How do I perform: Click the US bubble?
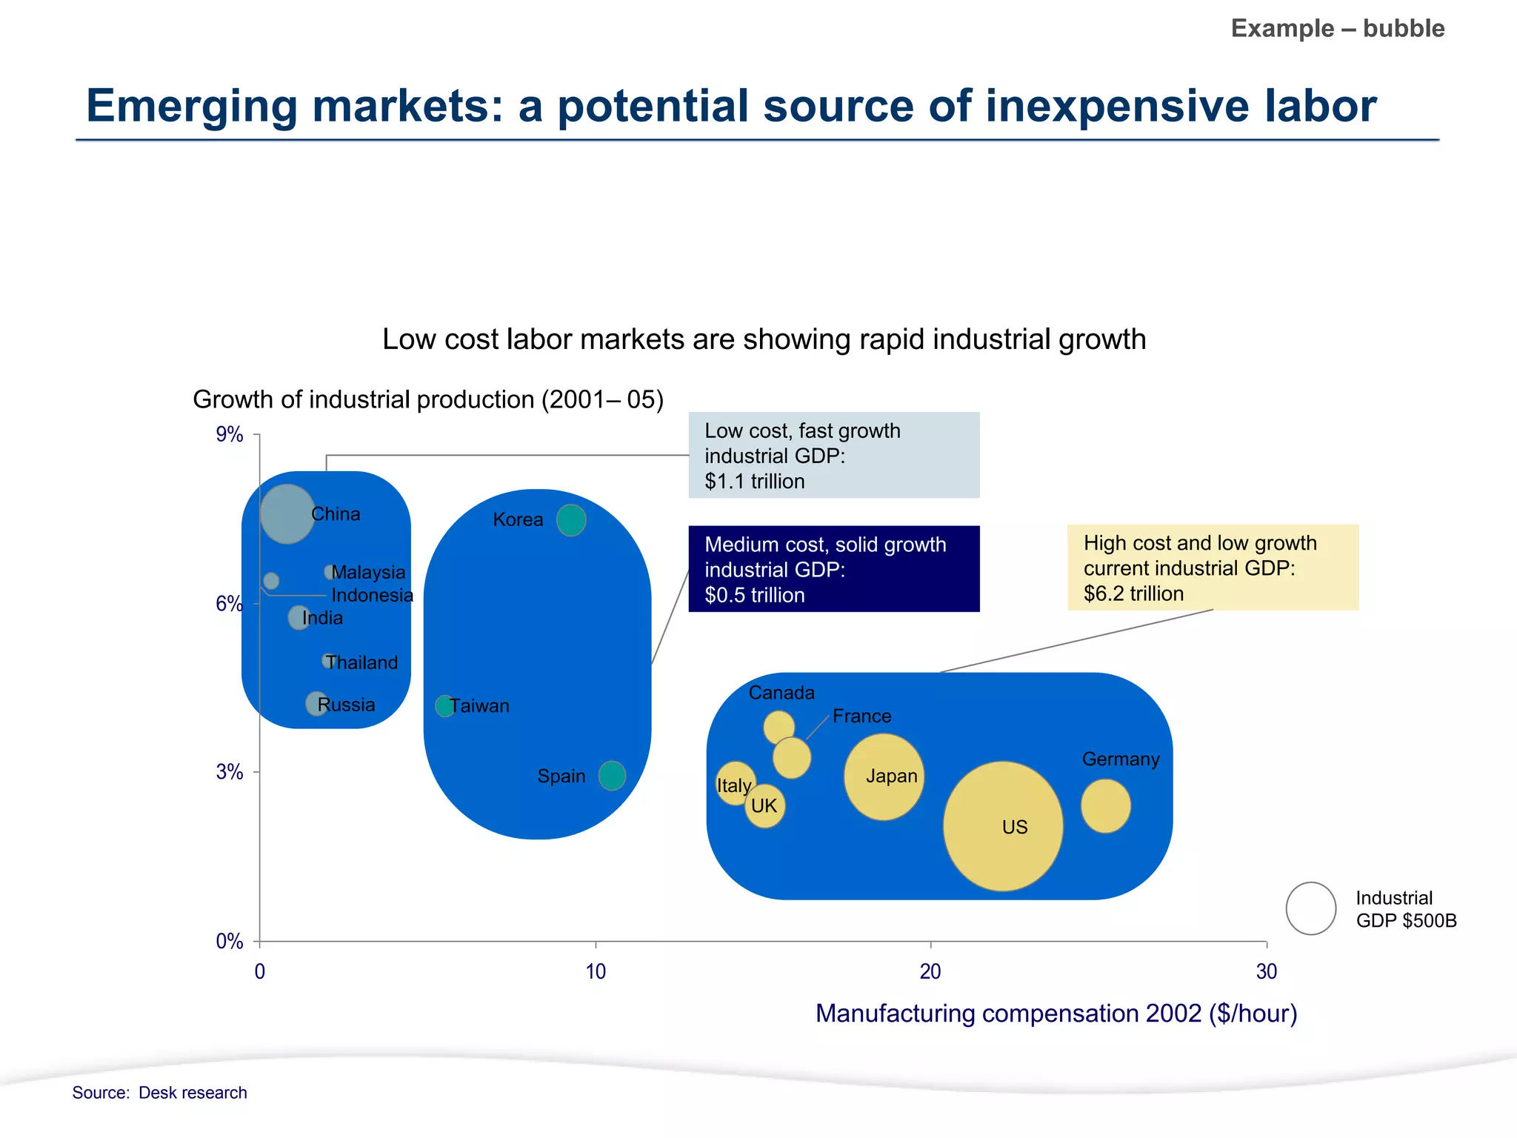pos(1002,826)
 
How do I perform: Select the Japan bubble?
pos(884,776)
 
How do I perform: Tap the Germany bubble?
pos(1105,805)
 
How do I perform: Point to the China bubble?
pos(287,513)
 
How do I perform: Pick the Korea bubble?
pos(571,519)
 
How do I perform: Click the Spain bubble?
pos(612,775)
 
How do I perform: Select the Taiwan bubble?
pos(444,705)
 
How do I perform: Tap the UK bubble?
pos(764,806)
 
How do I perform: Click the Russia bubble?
pos(316,703)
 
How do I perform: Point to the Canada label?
pos(781,693)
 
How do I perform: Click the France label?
pos(861,716)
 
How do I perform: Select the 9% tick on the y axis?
pos(230,434)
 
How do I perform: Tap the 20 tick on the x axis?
pos(930,971)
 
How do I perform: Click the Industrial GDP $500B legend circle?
pos(1310,908)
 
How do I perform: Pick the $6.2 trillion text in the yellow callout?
pos(1133,593)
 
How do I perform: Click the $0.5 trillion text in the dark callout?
pos(754,595)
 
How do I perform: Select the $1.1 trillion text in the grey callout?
pos(754,481)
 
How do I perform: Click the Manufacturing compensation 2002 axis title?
pos(1056,1013)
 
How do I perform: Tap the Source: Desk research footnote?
pos(159,1092)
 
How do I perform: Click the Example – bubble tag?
pos(1337,28)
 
